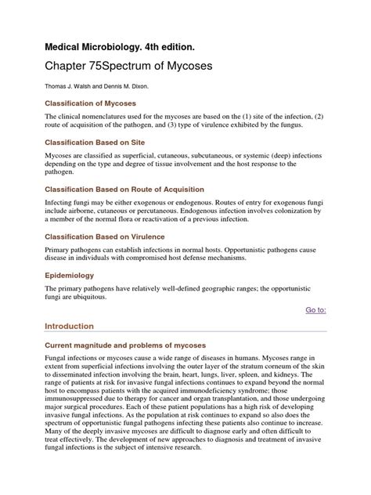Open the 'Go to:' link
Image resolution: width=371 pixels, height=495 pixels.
[316, 310]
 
